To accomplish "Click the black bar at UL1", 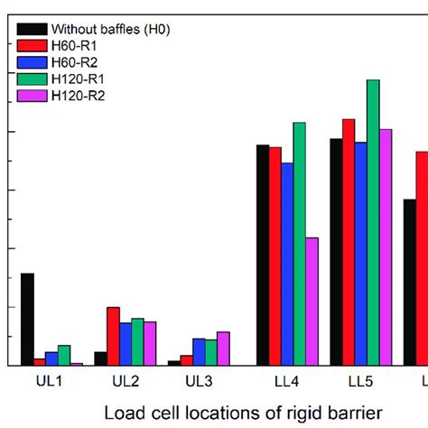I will (x=27, y=319).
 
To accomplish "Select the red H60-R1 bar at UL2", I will (x=113, y=336).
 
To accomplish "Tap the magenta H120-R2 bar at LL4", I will (x=312, y=301).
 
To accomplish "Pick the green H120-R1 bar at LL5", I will (x=373, y=222).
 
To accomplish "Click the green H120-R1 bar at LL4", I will (x=300, y=244).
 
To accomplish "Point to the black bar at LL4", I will (x=263, y=255).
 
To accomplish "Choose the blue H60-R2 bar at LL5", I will (x=360, y=253).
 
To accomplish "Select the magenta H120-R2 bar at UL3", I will (x=223, y=348).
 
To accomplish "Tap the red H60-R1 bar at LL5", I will (x=349, y=242).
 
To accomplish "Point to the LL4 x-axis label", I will (x=287, y=382).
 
